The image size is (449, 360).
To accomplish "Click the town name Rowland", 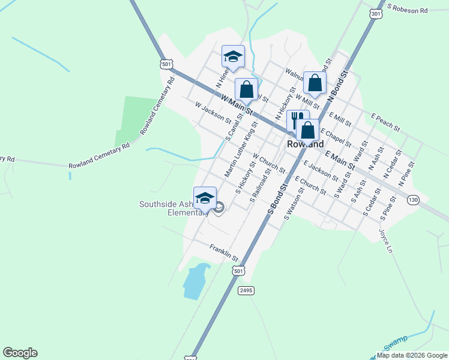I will tap(305, 144).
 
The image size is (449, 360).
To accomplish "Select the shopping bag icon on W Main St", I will tap(246, 90).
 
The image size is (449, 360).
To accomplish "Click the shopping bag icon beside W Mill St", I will tap(315, 83).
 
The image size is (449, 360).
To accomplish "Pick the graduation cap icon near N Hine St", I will tap(233, 56).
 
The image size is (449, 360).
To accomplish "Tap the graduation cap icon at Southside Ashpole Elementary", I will tap(205, 197).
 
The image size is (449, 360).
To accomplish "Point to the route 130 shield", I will tap(412, 200).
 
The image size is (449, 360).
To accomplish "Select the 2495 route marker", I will tap(246, 290).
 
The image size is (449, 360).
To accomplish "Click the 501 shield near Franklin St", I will tap(239, 271).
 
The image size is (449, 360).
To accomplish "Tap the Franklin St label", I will tap(224, 252).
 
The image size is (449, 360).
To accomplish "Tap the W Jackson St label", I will tap(213, 111).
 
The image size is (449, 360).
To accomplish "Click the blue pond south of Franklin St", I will tap(195, 281).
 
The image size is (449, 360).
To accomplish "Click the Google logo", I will tap(20, 353).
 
